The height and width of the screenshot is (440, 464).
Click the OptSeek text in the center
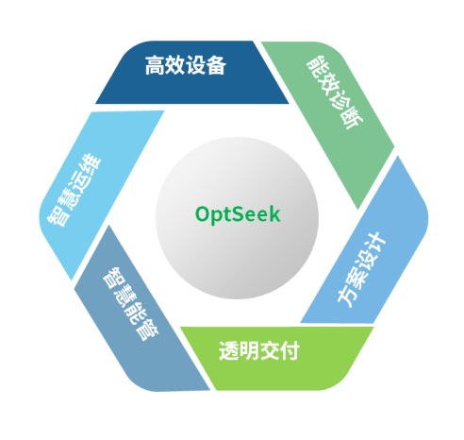(x=238, y=214)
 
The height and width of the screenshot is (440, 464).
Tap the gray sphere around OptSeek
(x=237, y=218)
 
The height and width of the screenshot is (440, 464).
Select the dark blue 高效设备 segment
(x=191, y=73)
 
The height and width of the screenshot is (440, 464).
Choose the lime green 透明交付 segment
(x=276, y=358)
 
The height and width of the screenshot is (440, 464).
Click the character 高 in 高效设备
(x=156, y=65)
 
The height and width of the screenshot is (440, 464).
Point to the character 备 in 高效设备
(x=216, y=65)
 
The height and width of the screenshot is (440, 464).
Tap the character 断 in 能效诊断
(x=353, y=118)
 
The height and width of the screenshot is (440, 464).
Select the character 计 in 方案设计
(x=375, y=244)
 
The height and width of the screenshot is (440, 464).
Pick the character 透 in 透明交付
(x=229, y=350)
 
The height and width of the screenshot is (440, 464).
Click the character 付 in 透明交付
(x=290, y=350)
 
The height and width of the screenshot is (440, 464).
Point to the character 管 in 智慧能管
(x=147, y=330)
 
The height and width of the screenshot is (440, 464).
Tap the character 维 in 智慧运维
(x=91, y=164)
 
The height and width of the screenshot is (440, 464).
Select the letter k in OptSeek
(x=274, y=213)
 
